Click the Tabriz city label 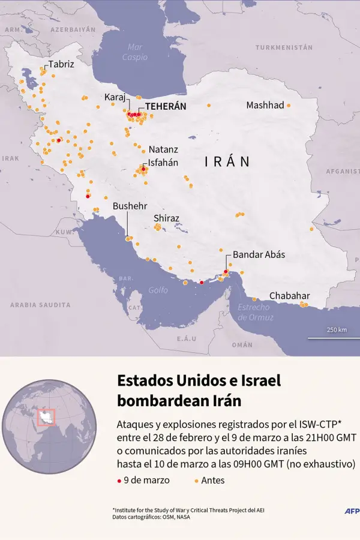[x=61, y=64]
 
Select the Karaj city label [x=115, y=97]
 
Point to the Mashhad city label [x=265, y=105]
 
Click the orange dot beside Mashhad [x=289, y=106]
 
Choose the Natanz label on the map [x=163, y=149]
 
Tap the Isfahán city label [x=163, y=162]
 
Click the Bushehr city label [x=130, y=206]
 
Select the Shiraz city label [x=166, y=218]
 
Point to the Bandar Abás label [x=259, y=254]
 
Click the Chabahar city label [x=289, y=296]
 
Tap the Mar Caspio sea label [x=135, y=52]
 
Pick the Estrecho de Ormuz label [x=256, y=312]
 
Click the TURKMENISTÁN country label [x=284, y=47]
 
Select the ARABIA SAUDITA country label [x=40, y=305]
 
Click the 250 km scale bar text [x=337, y=330]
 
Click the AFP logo [x=352, y=511]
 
